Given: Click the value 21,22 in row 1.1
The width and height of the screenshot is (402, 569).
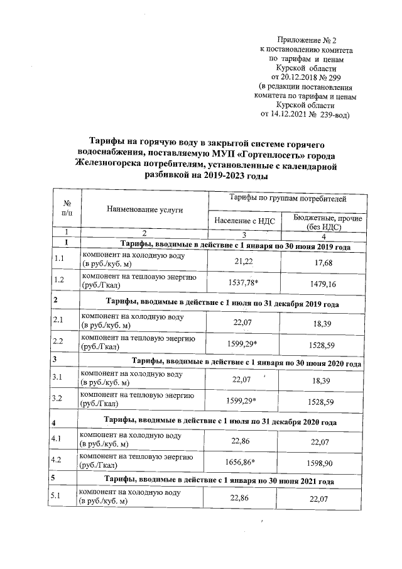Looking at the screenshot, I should [242, 260].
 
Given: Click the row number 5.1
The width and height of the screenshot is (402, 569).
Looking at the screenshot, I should [60, 497].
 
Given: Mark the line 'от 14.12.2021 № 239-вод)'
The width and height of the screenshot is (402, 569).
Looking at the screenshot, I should [305, 115].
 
